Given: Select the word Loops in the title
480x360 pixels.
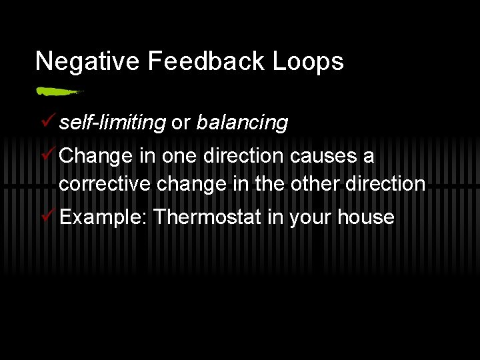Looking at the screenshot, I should coord(308,61).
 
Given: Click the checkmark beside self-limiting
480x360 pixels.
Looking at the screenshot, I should coord(46,122).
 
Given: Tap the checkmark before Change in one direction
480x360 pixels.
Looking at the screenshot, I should coord(46,155).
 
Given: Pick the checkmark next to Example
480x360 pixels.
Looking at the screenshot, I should coord(46,217).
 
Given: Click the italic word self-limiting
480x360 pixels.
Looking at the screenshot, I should coord(112,123).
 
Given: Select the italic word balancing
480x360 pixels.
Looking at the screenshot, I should coord(242,123).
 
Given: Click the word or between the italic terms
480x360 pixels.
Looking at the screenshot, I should coord(181,123).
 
